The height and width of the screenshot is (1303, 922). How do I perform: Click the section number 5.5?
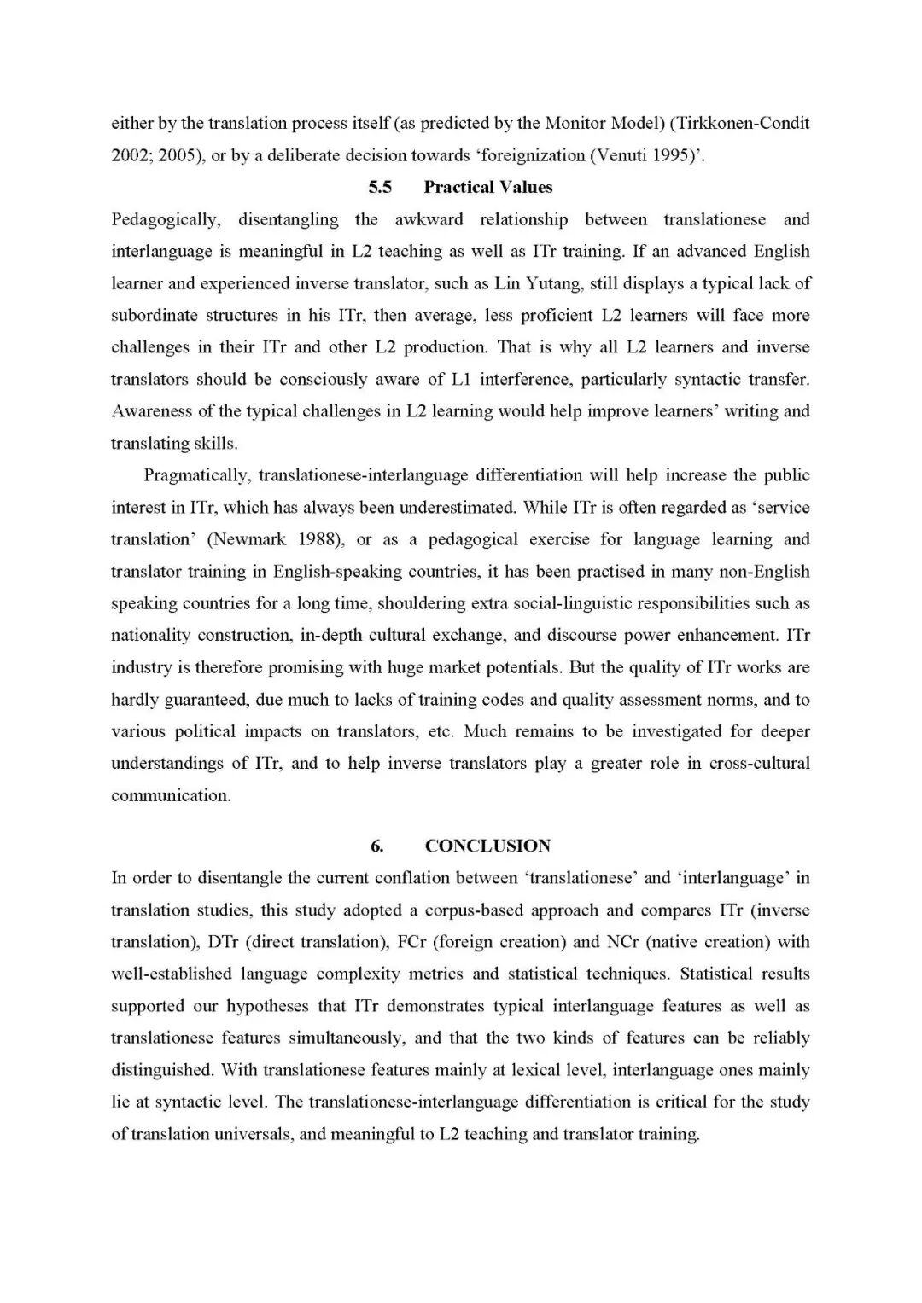(x=380, y=187)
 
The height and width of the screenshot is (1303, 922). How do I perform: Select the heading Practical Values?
(x=487, y=187)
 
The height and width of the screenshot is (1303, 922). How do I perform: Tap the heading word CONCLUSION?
(x=487, y=846)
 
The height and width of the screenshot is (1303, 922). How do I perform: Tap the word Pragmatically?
(x=196, y=475)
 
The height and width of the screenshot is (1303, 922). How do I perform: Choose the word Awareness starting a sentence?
(x=151, y=411)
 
